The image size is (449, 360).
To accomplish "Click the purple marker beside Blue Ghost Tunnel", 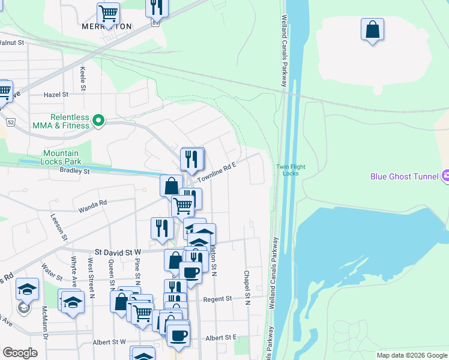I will tap(445, 176).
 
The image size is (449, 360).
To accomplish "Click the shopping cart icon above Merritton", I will tap(108, 13).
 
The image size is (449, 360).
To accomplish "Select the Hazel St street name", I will tap(56, 94).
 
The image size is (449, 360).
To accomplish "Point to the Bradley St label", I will tap(74, 171).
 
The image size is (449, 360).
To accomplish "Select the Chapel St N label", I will tap(247, 287).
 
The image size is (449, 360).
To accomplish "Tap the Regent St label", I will tap(217, 299).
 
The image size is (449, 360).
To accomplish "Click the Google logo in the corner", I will tap(20, 353).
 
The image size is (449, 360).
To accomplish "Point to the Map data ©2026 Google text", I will tap(411, 355).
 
